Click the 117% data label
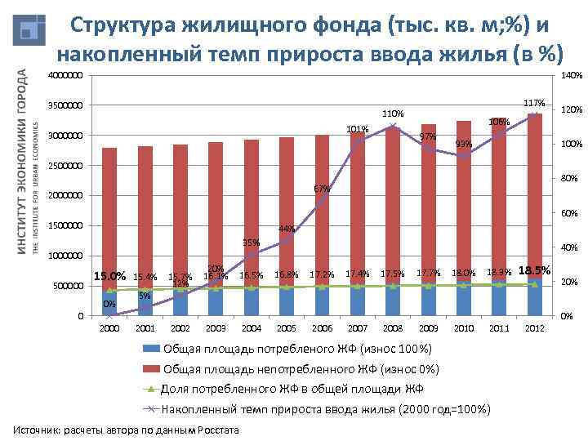click(533, 103)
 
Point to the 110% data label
click(394, 113)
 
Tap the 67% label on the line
click(322, 189)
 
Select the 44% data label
click(286, 229)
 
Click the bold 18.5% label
click(535, 270)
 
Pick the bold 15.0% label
click(110, 275)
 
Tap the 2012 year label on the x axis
click(534, 328)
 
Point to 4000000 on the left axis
click(65, 76)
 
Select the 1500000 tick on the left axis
click(65, 226)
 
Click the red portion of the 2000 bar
click(109, 212)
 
